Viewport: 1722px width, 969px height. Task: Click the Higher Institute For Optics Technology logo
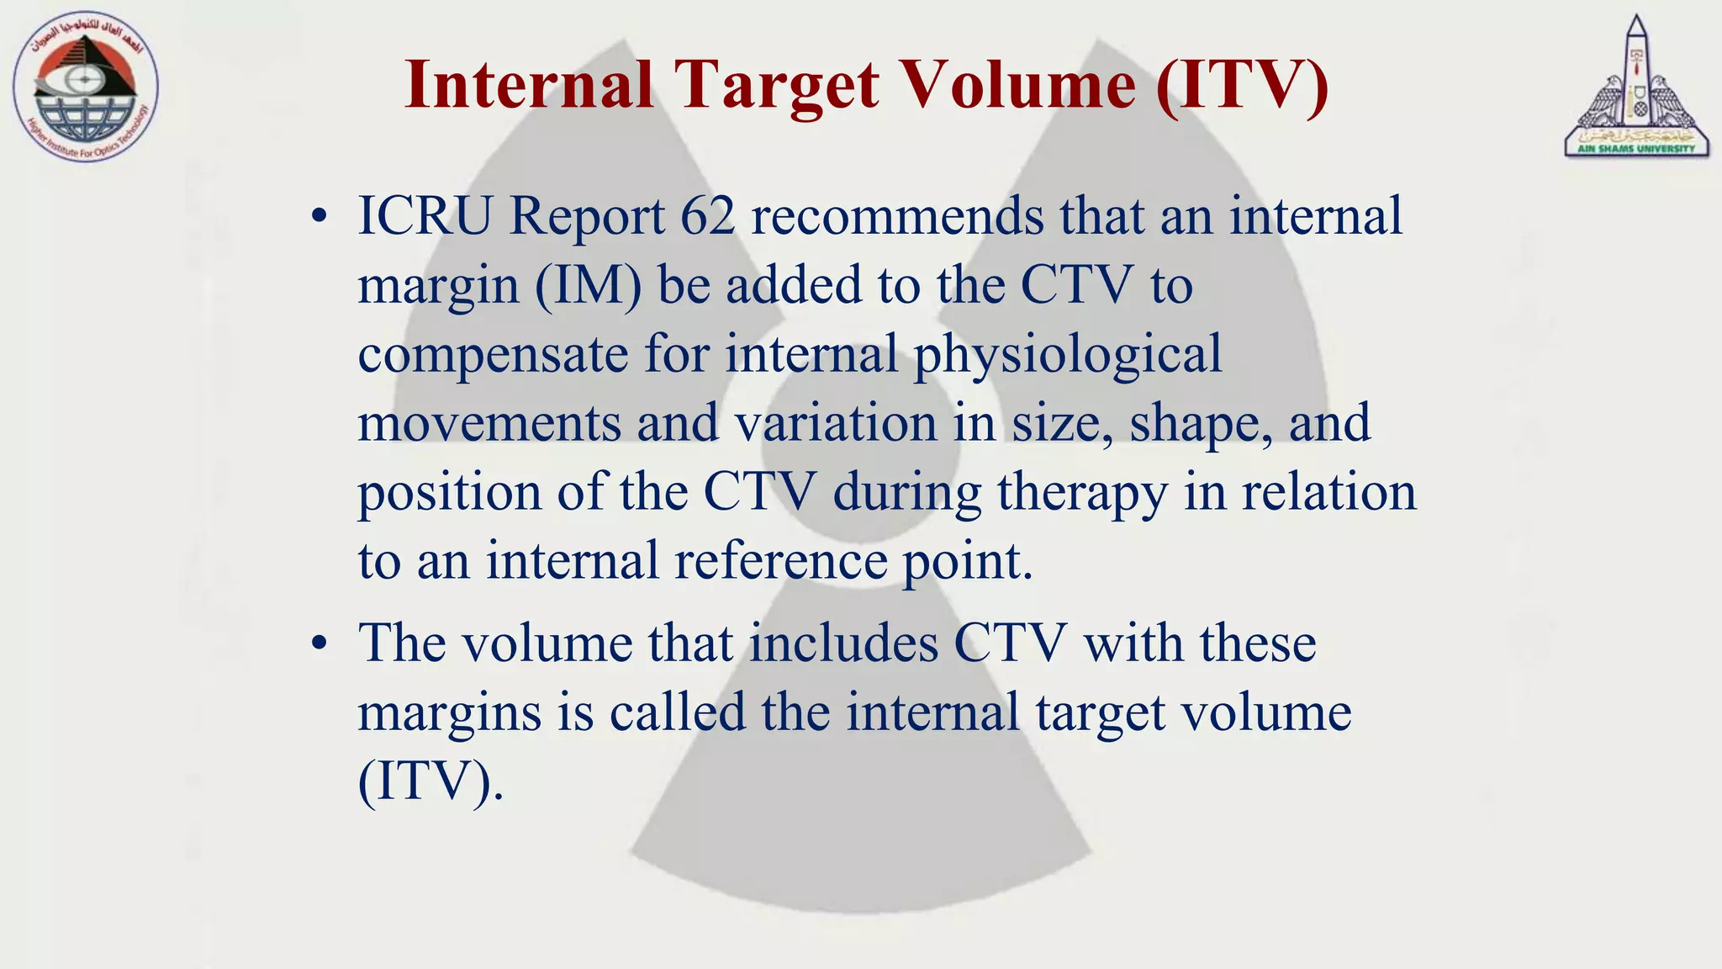(x=86, y=87)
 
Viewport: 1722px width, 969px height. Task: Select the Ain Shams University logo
(x=1636, y=87)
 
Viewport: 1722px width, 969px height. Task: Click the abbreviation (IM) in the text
(x=588, y=285)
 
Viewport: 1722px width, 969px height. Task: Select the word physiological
(x=1068, y=354)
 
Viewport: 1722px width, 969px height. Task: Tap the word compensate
(x=493, y=354)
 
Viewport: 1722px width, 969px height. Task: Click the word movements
(x=489, y=422)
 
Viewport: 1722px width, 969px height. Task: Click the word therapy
(x=1082, y=492)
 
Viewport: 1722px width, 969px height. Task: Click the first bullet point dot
(x=318, y=218)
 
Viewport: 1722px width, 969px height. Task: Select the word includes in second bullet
(x=843, y=643)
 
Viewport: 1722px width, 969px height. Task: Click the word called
(x=678, y=712)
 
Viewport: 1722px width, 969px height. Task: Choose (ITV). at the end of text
(x=430, y=781)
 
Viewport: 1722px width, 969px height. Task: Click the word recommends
(x=896, y=216)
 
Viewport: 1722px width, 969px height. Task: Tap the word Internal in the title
(x=529, y=86)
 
